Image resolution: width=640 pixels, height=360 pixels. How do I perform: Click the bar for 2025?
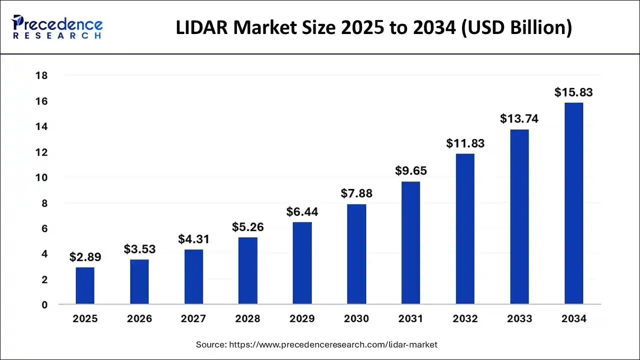click(85, 285)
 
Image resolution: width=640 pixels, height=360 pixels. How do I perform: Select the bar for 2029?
click(302, 263)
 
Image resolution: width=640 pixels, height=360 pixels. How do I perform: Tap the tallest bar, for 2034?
click(573, 203)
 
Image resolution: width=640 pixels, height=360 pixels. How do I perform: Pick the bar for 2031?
click(410, 242)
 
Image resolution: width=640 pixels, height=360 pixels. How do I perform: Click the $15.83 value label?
click(573, 92)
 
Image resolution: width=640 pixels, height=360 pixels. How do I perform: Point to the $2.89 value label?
click(85, 257)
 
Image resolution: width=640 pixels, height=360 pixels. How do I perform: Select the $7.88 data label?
click(356, 193)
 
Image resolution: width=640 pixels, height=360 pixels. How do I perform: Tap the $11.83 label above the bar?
click(465, 143)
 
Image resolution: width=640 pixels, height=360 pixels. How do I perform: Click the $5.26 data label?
click(247, 227)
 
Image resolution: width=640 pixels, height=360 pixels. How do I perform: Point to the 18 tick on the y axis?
click(41, 76)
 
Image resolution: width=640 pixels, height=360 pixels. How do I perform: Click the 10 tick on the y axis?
click(41, 178)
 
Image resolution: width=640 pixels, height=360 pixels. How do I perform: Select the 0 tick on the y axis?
click(44, 305)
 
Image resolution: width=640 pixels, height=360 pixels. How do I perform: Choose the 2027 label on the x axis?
click(193, 318)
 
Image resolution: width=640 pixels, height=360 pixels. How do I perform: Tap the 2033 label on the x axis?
click(519, 318)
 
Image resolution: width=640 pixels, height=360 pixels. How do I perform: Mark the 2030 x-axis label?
click(356, 318)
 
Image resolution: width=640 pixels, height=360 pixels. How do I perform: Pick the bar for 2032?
click(465, 228)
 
